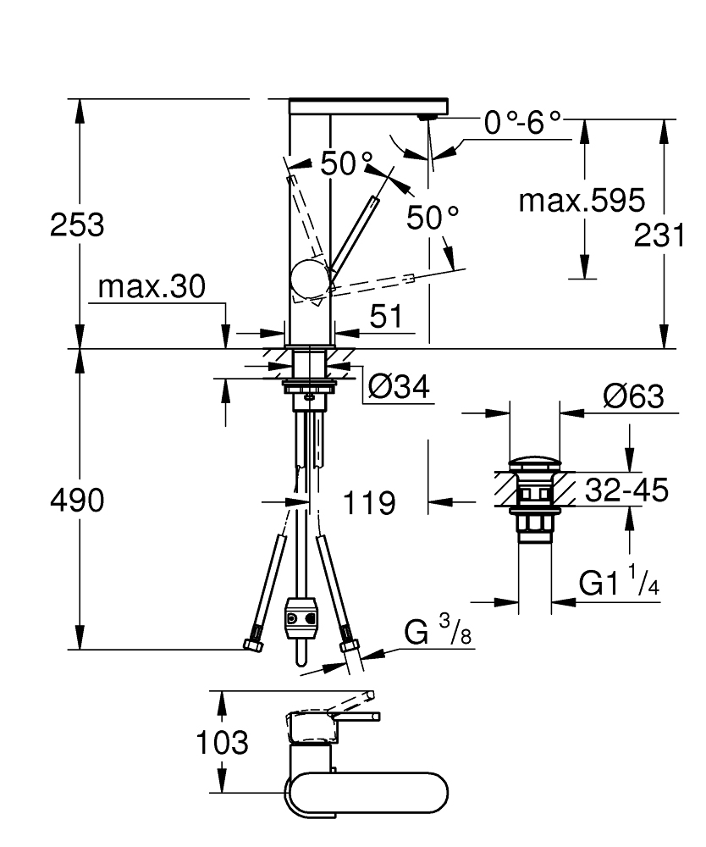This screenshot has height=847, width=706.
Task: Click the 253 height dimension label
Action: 77,225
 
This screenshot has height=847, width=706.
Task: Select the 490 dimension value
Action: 77,501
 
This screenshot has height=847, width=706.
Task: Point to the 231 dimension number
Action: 660,236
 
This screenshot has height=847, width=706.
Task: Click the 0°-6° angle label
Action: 522,124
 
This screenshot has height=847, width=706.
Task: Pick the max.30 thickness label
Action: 152,287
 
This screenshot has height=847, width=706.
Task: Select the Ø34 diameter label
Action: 399,387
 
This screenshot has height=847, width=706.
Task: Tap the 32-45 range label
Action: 625,490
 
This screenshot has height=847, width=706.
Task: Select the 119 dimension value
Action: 369,504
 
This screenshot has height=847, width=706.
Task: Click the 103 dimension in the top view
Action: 223,743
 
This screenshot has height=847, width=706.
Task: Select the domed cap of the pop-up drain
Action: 535,464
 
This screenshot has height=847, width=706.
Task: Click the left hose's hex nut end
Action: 252,645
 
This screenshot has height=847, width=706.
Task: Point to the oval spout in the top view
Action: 366,794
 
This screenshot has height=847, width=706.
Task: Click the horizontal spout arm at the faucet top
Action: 368,108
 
